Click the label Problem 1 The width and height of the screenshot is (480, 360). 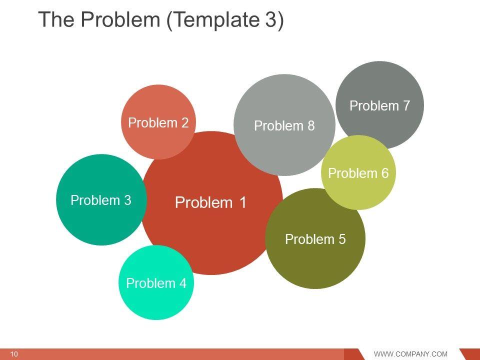pos(210,203)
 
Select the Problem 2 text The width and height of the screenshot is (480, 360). pos(158,122)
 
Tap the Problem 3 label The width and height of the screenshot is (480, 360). pos(100,200)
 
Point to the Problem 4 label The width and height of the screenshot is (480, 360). pos(156,283)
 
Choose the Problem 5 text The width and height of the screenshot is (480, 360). pos(315,239)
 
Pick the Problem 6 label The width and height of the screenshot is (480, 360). pos(358,173)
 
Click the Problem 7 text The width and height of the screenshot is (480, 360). pos(379,106)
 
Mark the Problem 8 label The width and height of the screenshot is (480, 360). pos(284,126)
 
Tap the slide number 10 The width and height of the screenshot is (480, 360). pos(14,354)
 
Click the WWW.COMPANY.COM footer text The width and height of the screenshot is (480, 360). pos(410,354)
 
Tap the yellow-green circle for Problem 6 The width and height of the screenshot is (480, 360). pos(358,192)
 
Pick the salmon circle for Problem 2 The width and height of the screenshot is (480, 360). pos(158,102)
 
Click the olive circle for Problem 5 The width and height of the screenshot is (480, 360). pos(315,265)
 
